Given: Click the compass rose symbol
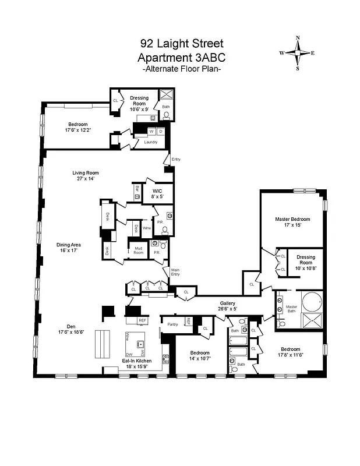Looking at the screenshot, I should tap(298, 52).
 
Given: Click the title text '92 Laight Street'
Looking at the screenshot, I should tap(181, 44).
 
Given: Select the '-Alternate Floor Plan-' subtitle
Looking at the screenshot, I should tap(181, 69).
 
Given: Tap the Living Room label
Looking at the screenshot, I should tap(86, 172).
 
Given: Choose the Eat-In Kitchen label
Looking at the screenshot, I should tap(137, 361).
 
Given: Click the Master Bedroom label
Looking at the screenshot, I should tap(292, 219).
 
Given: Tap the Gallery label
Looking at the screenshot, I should tap(227, 303).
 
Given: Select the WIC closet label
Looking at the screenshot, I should tap(157, 190).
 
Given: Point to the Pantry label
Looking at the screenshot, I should tap(172, 324).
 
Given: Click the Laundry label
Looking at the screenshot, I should tap(150, 142).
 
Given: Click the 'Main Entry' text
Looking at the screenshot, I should tap(175, 272).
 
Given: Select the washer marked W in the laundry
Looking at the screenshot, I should tap(151, 131).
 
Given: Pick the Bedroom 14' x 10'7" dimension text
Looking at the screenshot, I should tap(200, 358).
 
